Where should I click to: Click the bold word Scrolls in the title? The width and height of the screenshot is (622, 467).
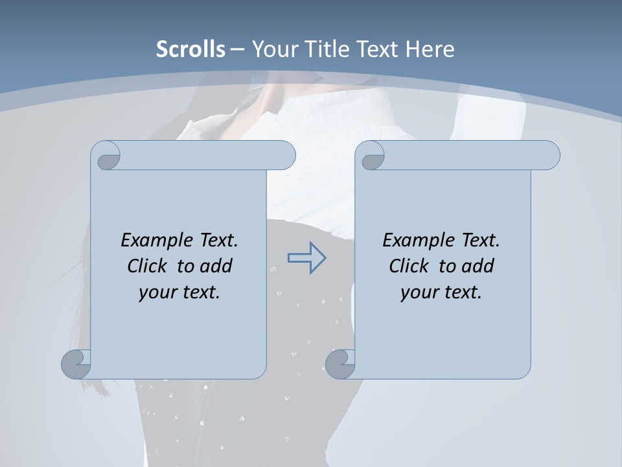point(190,49)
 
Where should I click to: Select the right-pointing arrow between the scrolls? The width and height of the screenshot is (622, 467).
point(306,258)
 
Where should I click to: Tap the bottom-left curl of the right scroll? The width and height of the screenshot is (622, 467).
point(340,363)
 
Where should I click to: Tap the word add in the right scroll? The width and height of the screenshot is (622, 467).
point(479,266)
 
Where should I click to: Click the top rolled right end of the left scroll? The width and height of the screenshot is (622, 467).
point(282,156)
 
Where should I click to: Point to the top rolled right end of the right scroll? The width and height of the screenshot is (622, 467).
point(547,156)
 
